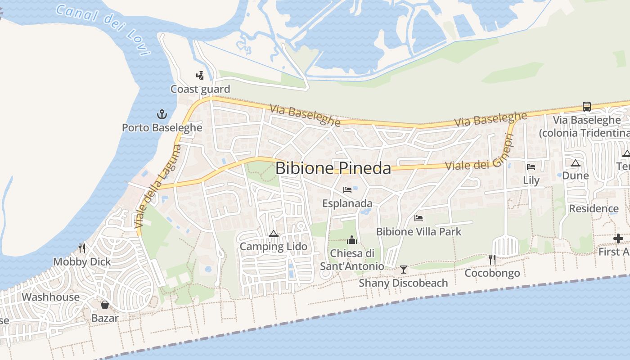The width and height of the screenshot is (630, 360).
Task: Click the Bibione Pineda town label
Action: tap(333, 168)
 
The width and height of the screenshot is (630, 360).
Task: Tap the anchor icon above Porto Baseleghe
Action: tap(162, 114)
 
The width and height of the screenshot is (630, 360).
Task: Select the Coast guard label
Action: tap(200, 89)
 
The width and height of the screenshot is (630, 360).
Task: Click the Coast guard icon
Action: tap(200, 75)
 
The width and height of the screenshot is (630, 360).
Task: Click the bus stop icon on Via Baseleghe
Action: tap(587, 107)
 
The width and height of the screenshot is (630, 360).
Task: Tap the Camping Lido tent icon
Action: tap(273, 234)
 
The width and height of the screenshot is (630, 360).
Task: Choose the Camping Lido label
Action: tap(273, 247)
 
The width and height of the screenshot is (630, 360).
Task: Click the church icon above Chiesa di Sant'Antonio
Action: tap(352, 240)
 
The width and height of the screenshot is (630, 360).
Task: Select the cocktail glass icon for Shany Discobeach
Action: tap(404, 270)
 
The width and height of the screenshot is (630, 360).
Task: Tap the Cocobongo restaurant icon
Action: tap(492, 259)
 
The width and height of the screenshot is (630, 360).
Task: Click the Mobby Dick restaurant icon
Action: tap(82, 248)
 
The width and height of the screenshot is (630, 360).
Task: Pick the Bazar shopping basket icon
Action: tap(105, 305)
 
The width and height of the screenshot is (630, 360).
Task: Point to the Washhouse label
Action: tap(50, 297)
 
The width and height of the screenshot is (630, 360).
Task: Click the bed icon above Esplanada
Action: tap(347, 190)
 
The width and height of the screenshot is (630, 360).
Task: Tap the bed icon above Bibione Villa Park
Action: tap(418, 219)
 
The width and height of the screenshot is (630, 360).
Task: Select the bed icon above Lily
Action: tap(531, 167)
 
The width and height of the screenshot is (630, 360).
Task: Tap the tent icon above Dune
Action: tap(575, 163)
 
